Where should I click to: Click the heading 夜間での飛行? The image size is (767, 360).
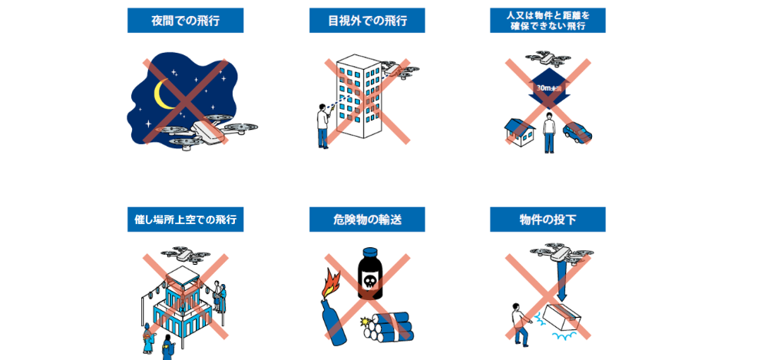coord(185,21)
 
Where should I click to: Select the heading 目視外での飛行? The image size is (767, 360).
coord(367,21)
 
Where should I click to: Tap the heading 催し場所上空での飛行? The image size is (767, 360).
coord(185,220)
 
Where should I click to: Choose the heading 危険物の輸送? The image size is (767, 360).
coord(367,220)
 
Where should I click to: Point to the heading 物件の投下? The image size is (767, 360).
coord(547,220)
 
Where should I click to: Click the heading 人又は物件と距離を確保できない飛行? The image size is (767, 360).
coord(547,21)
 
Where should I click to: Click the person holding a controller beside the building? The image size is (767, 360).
coord(323,125)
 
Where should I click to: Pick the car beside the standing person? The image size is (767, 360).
coord(577,131)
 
